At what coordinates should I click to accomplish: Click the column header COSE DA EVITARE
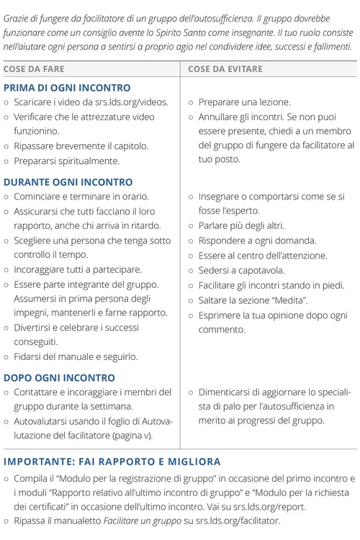pyautogui.click(x=225, y=69)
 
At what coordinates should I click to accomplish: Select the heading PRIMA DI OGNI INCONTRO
pyautogui.click(x=67, y=88)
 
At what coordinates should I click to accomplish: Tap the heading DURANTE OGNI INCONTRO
pyautogui.click(x=68, y=182)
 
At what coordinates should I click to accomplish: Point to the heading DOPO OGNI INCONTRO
pyautogui.click(x=59, y=377)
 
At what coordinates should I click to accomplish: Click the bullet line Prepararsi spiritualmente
pyautogui.click(x=66, y=161)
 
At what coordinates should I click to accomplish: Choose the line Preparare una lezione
pyautogui.click(x=244, y=102)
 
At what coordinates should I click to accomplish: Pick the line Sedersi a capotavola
pyautogui.click(x=241, y=271)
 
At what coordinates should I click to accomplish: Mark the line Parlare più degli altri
pyautogui.click(x=241, y=226)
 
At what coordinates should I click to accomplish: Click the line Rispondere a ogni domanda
pyautogui.click(x=247, y=241)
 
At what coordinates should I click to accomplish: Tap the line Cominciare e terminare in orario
pyautogui.click(x=81, y=197)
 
